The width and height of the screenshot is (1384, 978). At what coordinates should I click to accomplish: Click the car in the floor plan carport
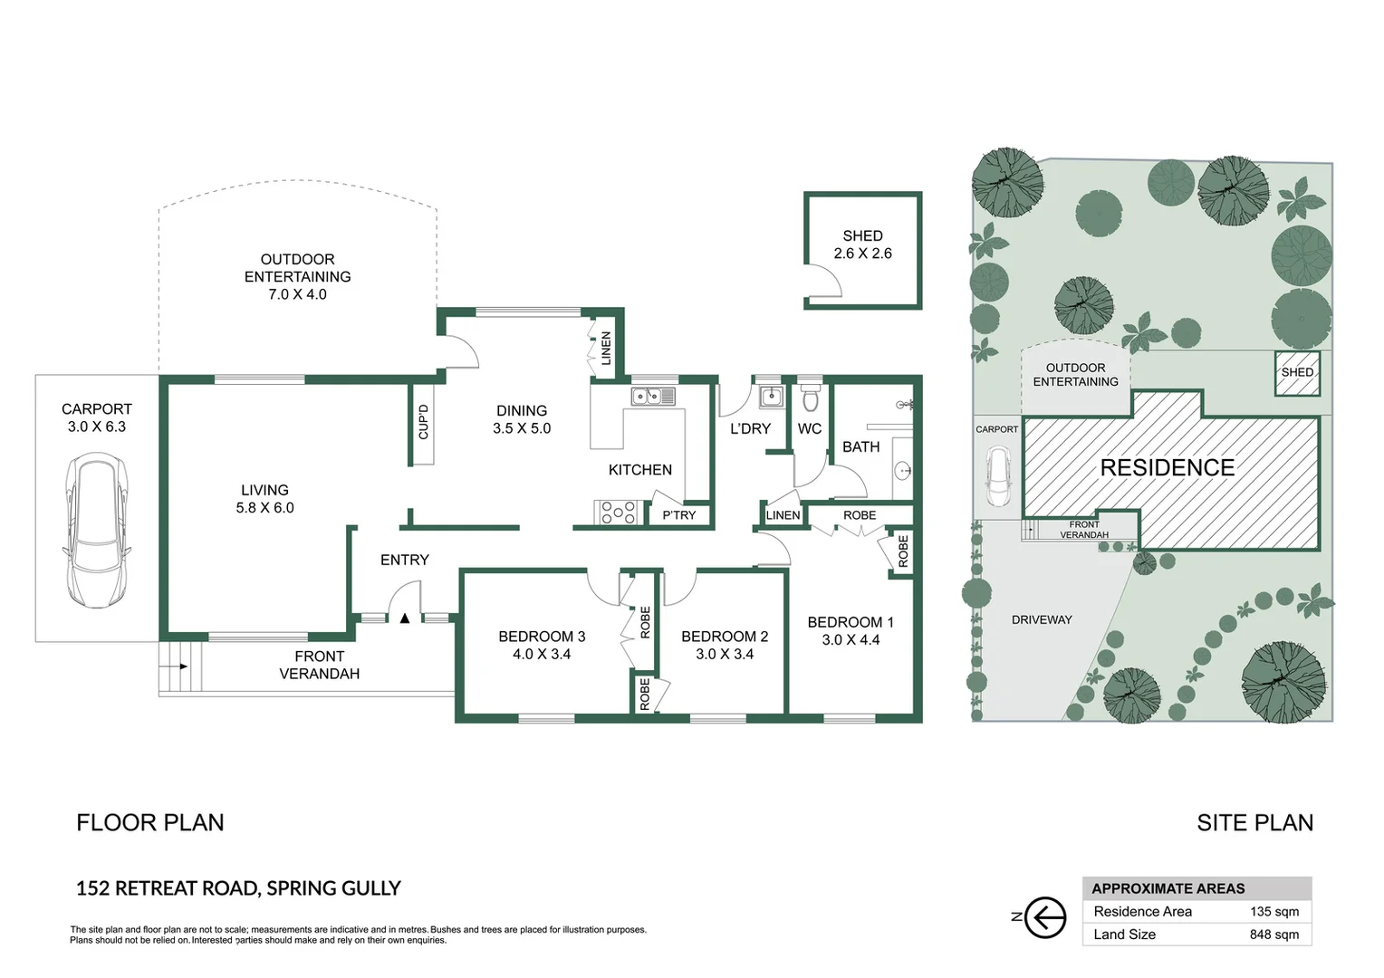click(x=96, y=530)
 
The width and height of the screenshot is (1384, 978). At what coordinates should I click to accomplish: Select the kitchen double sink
click(x=652, y=396)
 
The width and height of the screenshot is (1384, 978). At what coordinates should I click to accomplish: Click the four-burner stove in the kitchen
click(x=618, y=513)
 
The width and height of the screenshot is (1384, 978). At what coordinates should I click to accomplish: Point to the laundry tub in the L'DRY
click(x=770, y=397)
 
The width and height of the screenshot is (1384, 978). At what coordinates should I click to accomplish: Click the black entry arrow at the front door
click(x=405, y=618)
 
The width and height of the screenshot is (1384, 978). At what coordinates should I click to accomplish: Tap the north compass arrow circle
click(x=1046, y=918)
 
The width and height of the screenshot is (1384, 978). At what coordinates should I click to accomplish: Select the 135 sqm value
click(x=1273, y=912)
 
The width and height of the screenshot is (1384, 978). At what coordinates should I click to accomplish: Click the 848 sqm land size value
click(x=1273, y=935)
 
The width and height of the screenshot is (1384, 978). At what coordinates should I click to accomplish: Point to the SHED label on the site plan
click(x=1297, y=372)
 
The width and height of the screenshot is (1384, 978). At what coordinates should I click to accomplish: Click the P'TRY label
click(x=678, y=515)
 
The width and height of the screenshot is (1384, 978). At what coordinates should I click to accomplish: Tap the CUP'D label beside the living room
click(x=423, y=422)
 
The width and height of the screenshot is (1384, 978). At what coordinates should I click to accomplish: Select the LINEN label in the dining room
click(x=606, y=349)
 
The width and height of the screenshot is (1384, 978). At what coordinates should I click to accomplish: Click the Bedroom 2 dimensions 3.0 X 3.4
click(x=724, y=654)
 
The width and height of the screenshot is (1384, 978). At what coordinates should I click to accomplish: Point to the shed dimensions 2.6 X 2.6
click(x=862, y=254)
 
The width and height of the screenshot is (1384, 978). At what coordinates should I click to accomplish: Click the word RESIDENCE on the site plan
click(x=1167, y=468)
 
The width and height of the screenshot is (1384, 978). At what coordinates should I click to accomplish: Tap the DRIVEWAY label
click(x=1042, y=620)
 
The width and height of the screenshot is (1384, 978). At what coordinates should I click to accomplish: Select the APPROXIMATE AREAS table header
click(x=1168, y=888)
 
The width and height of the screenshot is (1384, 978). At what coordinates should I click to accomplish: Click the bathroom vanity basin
click(x=902, y=470)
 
